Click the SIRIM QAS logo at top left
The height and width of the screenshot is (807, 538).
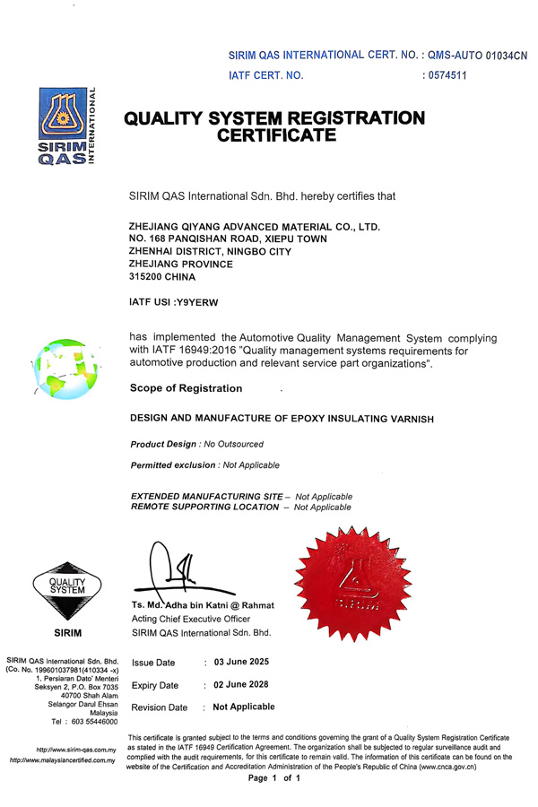pos(65,126)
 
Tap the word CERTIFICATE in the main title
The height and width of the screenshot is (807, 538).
pos(278,136)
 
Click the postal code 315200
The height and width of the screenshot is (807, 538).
pos(149,277)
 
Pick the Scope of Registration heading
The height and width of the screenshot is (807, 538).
pos(187,388)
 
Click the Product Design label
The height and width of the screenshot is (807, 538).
pos(164,444)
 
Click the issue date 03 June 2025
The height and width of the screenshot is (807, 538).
pos(240,662)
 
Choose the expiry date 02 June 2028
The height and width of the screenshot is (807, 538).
pos(240,685)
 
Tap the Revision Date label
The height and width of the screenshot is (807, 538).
pos(160,707)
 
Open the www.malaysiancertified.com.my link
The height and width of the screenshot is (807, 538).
pos(63,760)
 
